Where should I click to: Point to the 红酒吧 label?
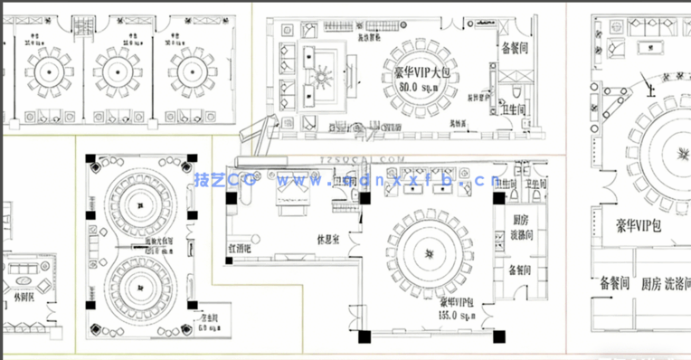pyautogui.click(x=244, y=246)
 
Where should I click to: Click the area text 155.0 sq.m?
pyautogui.click(x=458, y=316)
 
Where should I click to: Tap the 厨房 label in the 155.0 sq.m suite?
pyautogui.click(x=520, y=220)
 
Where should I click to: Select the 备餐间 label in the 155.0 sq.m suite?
pyautogui.click(x=519, y=270)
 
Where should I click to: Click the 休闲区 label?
pyautogui.click(x=25, y=298)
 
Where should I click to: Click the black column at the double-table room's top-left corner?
pyautogui.click(x=90, y=159)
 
